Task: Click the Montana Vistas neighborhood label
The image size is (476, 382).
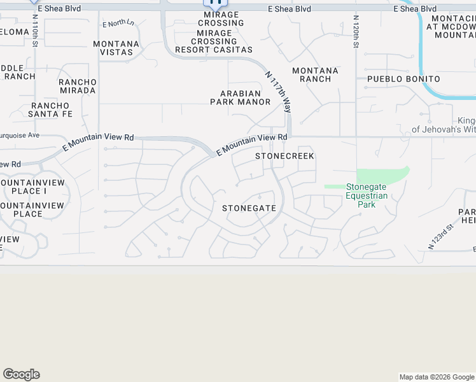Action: click(x=116, y=48)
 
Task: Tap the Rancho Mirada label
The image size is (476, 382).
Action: click(x=77, y=86)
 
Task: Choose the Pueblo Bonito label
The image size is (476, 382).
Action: click(x=403, y=79)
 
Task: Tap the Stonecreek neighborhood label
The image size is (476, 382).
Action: click(x=284, y=156)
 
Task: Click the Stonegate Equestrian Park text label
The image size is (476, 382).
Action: click(x=366, y=195)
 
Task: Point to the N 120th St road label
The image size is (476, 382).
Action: click(x=357, y=32)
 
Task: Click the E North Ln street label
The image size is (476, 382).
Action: click(x=118, y=24)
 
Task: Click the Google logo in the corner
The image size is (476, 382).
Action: click(x=21, y=374)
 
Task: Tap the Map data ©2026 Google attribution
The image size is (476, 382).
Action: click(x=437, y=377)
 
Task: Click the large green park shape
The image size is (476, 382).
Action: click(x=382, y=175)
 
